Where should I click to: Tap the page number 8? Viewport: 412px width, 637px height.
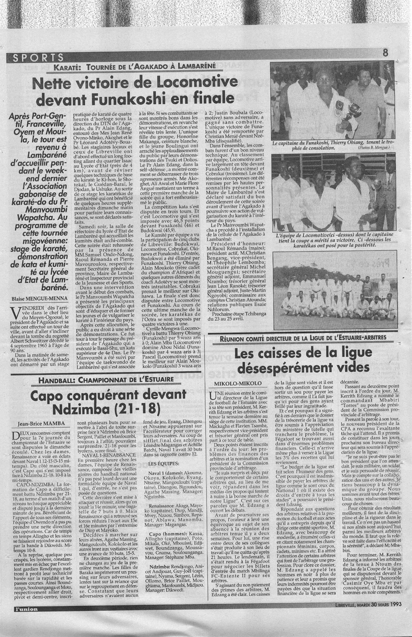(385, 53)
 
